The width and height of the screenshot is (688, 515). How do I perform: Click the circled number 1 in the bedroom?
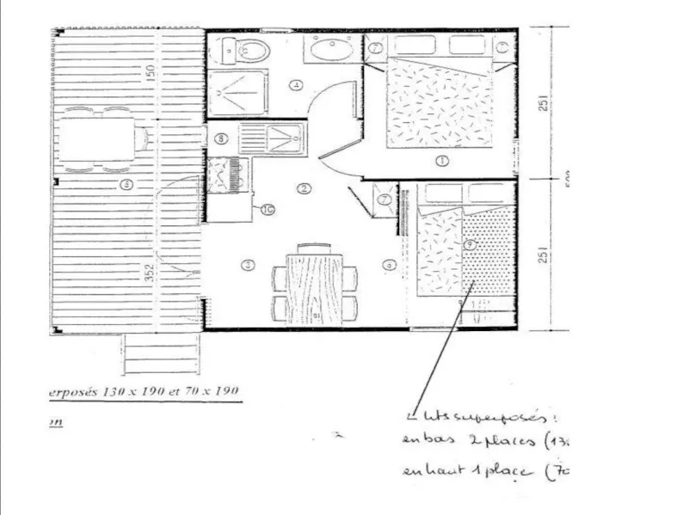coord(442,160)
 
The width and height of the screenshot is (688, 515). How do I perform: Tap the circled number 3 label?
coord(249,265)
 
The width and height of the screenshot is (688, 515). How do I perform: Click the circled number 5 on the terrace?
coord(126,183)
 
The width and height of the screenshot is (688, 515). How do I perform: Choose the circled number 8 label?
coord(221,138)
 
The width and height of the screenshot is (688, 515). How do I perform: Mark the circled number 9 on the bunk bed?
coord(469,245)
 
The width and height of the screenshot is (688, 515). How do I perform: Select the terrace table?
coord(100,137)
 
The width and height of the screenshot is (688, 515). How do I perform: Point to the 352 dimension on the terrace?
coord(150,273)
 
